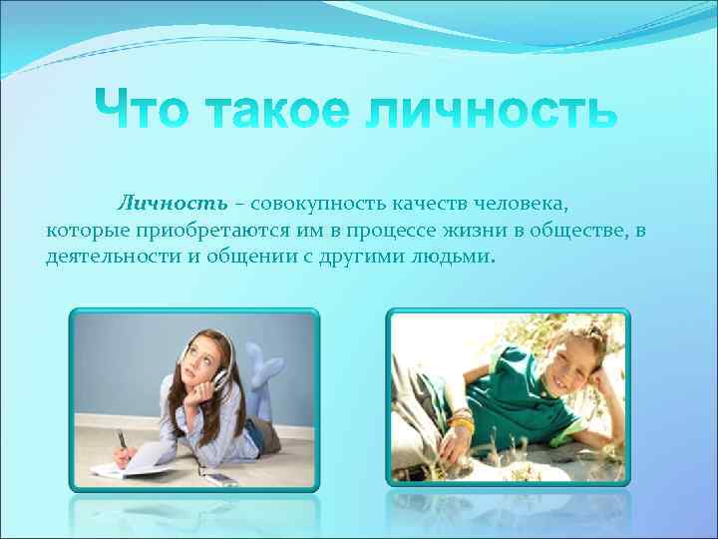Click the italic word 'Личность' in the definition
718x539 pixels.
pyautogui.click(x=173, y=205)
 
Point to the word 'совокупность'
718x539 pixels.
pyautogui.click(x=318, y=205)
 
